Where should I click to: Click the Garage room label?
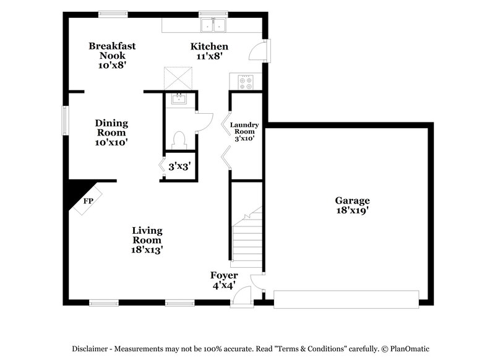(352, 205)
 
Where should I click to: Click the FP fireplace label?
(88, 202)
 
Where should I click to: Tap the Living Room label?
(147, 240)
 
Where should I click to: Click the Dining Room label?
(111, 132)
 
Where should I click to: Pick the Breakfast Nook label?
(112, 55)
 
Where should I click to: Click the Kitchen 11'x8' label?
(209, 51)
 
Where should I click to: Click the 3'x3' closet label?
(179, 166)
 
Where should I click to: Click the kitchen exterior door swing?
(259, 51)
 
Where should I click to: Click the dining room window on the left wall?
(64, 119)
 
